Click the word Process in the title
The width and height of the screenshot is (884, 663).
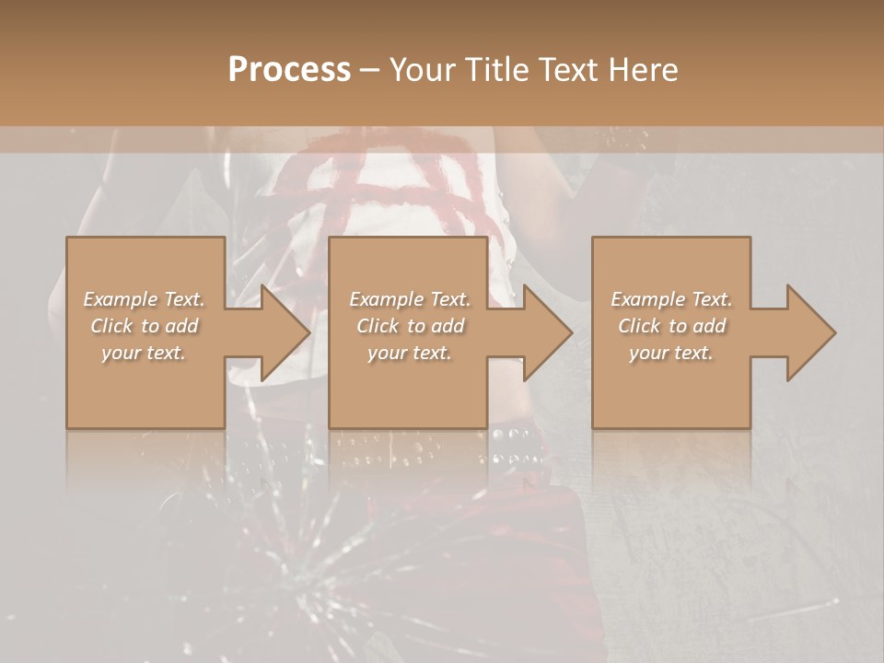point(289,70)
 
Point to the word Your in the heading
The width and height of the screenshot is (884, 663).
point(425,70)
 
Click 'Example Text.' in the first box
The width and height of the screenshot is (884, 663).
point(145,299)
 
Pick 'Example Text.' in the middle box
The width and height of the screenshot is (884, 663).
point(410,299)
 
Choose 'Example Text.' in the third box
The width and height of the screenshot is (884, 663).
point(671,299)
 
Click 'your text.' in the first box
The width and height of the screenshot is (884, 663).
point(144,353)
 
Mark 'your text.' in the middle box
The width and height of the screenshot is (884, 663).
point(410,353)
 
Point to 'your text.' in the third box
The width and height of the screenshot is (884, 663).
point(671,353)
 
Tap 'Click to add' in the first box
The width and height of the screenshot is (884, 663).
point(145,326)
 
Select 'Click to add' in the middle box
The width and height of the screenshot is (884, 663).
point(410,326)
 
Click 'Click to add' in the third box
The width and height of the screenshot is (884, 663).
point(671,326)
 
